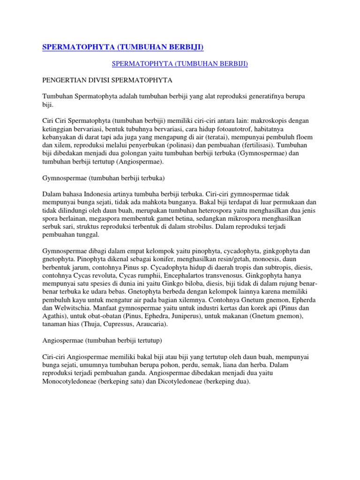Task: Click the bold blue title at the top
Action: (x=123, y=47)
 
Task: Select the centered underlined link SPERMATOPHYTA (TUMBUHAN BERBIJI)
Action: (x=180, y=64)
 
